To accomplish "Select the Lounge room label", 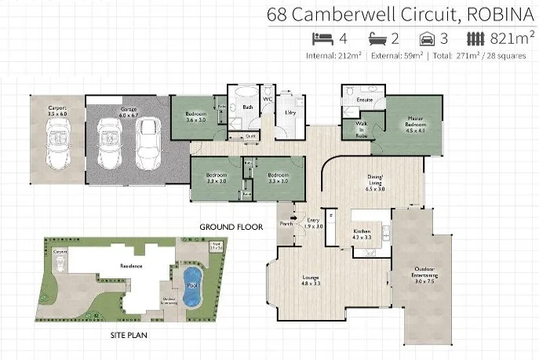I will point(311,279).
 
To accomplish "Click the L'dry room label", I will point(290,113).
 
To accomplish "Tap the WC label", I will point(267,100).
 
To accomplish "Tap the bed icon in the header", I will point(322,38).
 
